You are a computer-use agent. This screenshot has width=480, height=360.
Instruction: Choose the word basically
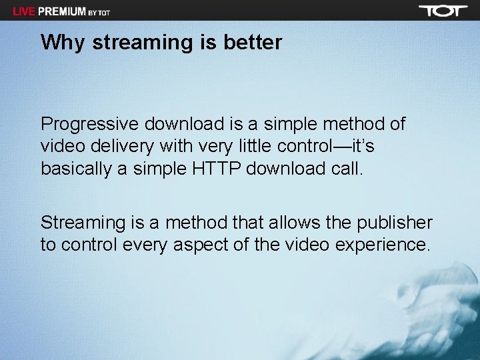point(75,169)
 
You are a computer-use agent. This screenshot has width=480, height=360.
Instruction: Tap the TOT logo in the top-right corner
point(443,11)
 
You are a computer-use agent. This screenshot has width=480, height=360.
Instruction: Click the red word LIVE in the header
point(25,11)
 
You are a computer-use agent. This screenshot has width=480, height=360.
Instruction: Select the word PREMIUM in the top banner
point(62,11)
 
